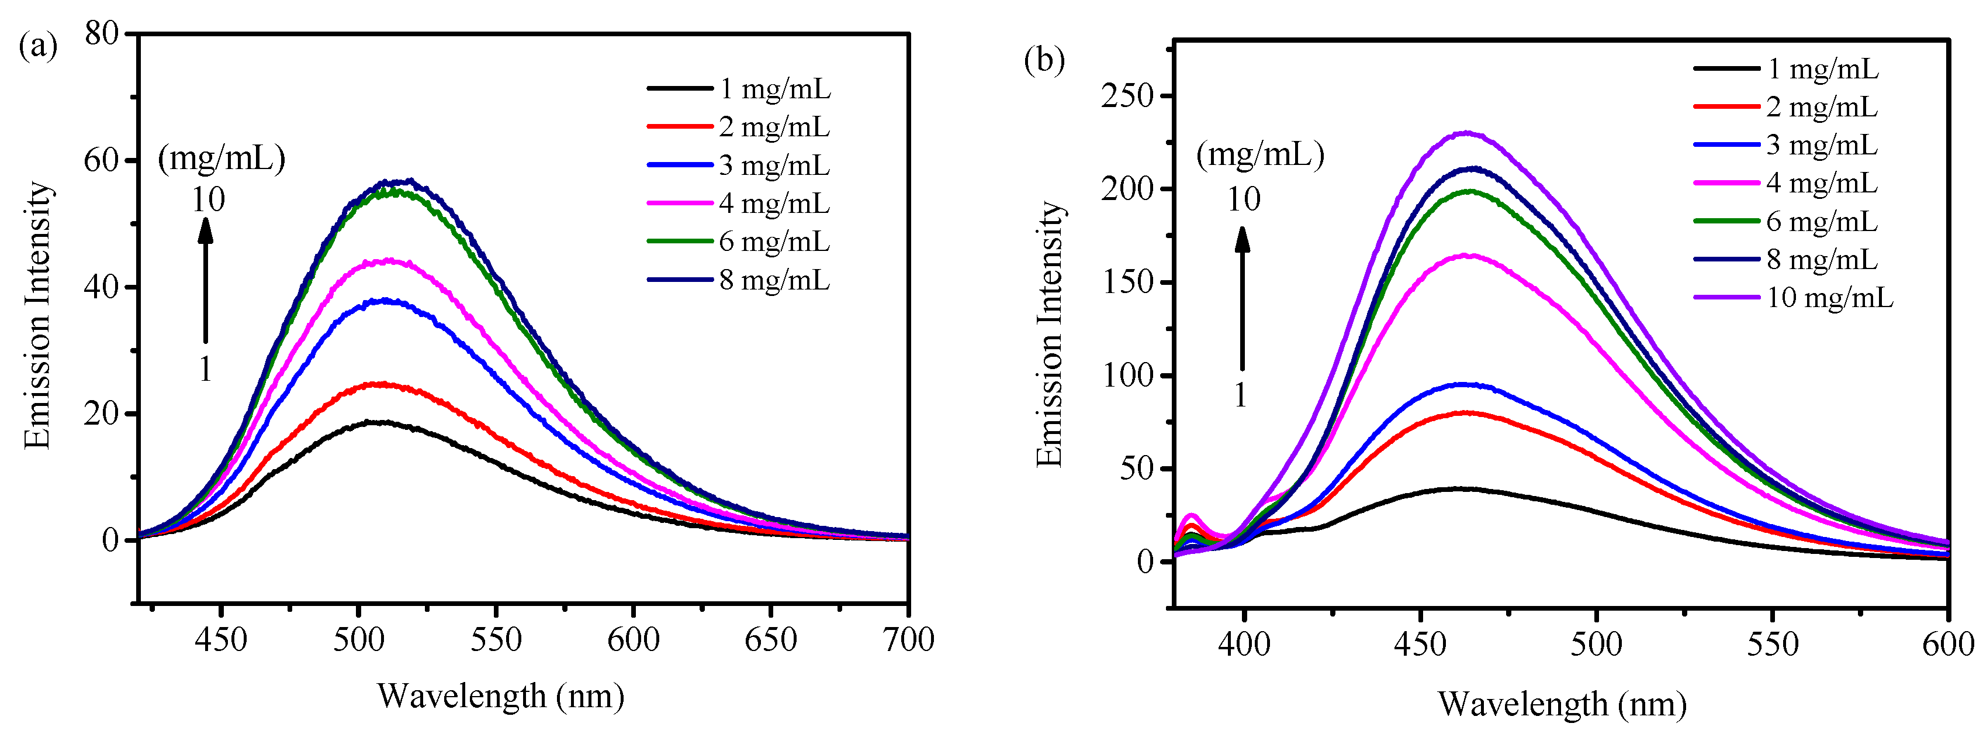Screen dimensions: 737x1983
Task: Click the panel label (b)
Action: (1044, 59)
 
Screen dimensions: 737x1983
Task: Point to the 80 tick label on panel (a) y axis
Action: (102, 33)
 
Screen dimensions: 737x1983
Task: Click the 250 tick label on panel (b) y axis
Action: (1128, 95)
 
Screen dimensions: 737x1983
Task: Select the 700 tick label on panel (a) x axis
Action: (908, 639)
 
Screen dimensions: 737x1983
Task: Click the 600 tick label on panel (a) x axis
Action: (634, 639)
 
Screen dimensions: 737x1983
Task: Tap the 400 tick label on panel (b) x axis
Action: (1244, 644)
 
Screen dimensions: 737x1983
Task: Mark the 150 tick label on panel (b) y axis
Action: (1128, 282)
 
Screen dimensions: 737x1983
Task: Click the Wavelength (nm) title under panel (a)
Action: (500, 696)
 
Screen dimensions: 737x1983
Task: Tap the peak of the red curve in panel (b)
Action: (1466, 413)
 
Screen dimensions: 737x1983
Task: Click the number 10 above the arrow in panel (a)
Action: (208, 200)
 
